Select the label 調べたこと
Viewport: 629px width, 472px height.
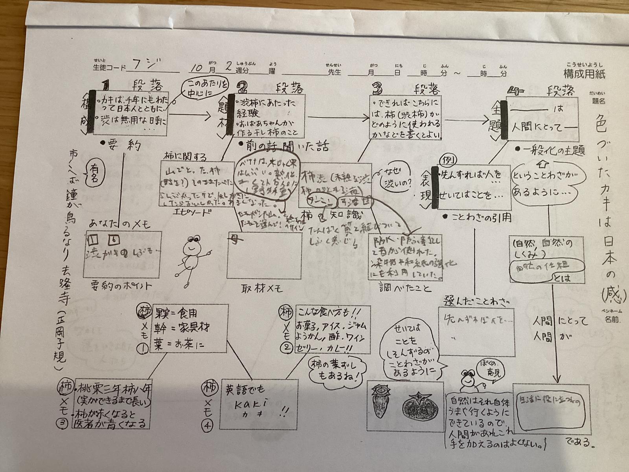coord(405,288)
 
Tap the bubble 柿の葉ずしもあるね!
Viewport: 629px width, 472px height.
coord(338,371)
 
